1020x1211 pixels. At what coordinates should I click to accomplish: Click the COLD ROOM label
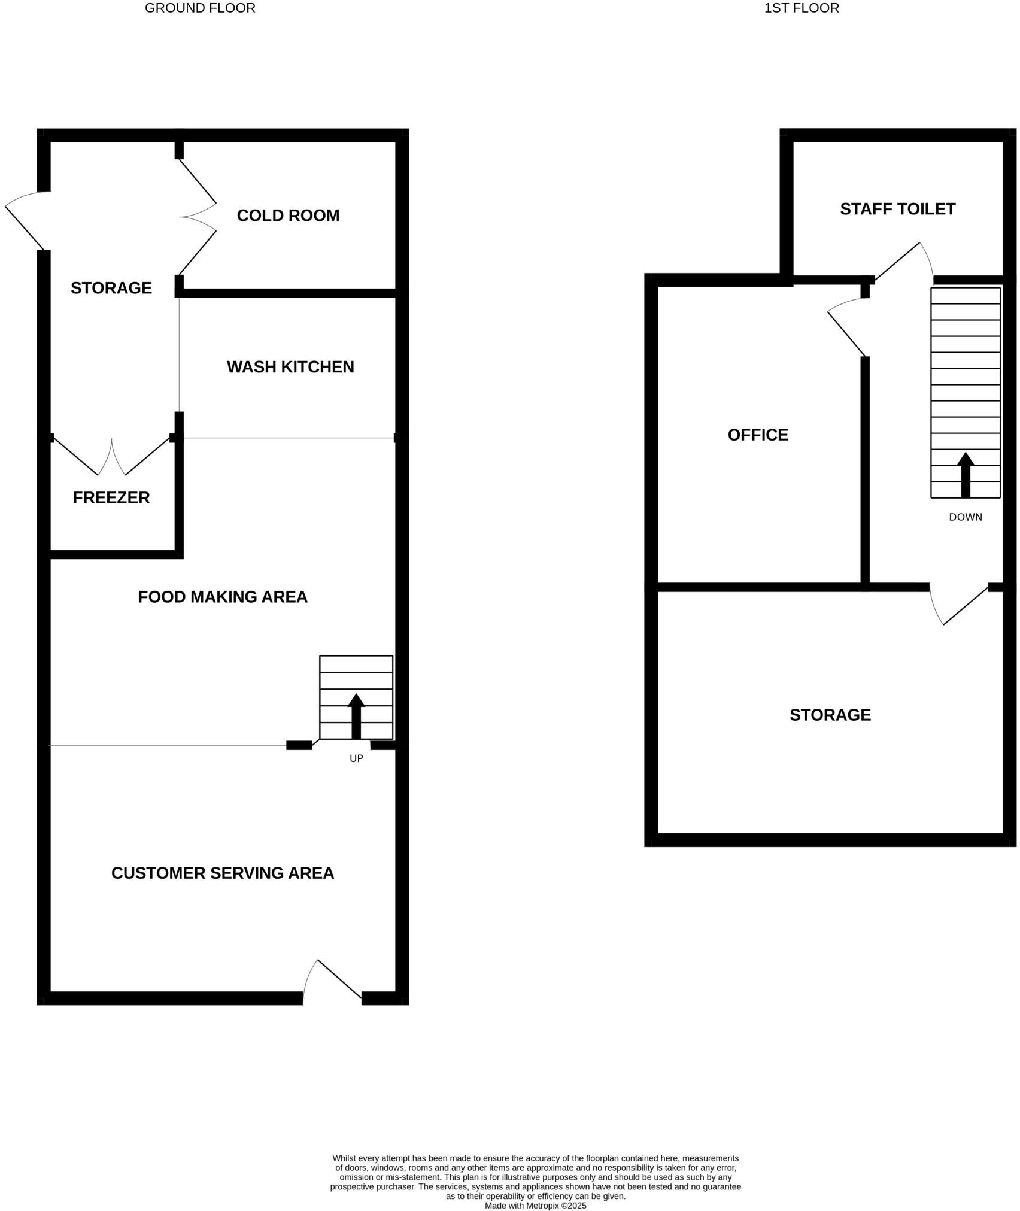288,216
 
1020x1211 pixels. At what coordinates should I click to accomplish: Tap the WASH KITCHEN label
290,367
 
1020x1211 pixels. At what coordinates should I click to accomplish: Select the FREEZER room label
111,497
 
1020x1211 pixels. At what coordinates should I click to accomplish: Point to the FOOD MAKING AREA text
223,597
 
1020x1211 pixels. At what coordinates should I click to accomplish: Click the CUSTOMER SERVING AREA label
223,873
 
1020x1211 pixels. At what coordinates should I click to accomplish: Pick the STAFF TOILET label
897,209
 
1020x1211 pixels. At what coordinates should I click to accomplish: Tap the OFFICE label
758,435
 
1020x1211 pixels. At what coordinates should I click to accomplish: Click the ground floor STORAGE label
111,288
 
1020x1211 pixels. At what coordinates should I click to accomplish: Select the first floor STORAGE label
830,715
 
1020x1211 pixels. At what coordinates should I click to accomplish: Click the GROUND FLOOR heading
200,8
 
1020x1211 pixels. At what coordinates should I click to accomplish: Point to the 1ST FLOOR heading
802,8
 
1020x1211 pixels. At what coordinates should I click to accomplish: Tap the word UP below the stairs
356,758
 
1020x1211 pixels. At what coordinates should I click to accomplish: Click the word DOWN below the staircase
966,517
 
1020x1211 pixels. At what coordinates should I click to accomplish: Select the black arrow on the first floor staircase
966,475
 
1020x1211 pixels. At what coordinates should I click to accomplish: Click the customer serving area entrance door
333,982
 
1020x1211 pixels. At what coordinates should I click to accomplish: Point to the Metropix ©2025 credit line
535,1206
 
